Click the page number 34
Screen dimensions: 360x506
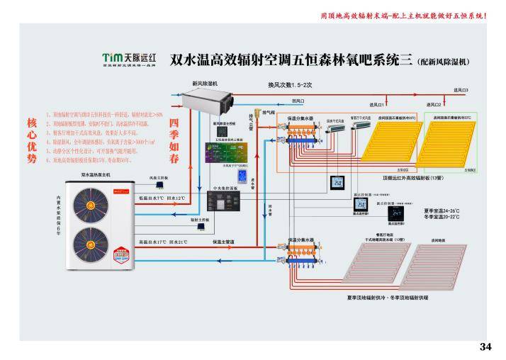click(485, 347)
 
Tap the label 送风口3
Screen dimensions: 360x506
click(461, 90)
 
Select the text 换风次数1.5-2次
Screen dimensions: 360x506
click(290, 84)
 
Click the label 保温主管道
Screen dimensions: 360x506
click(223, 241)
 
